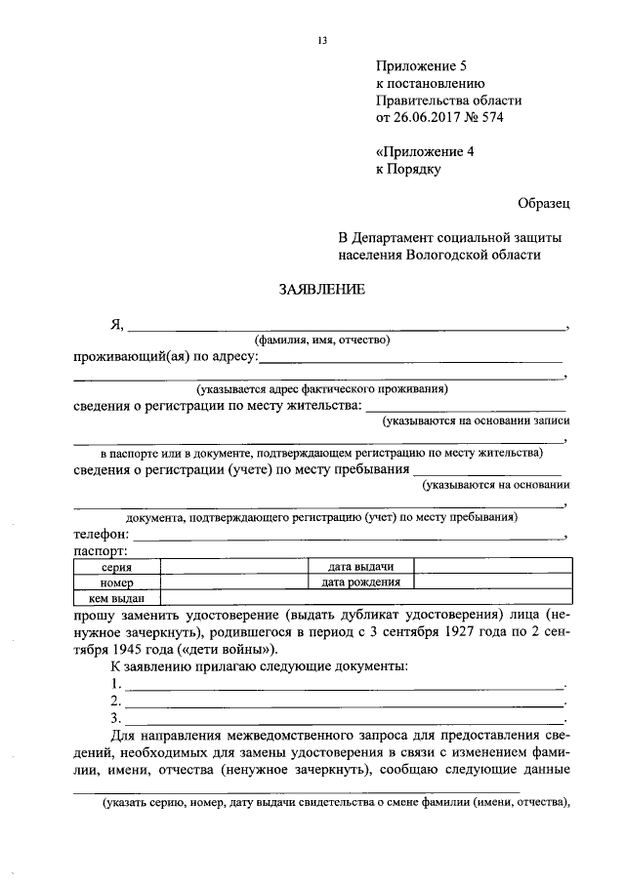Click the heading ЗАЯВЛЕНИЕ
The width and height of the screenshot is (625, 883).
[321, 290]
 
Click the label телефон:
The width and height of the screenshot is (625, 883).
[101, 536]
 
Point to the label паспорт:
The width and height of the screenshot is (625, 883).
[101, 551]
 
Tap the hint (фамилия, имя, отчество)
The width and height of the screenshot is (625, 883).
[322, 341]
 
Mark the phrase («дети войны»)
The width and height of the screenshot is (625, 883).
[228, 648]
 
